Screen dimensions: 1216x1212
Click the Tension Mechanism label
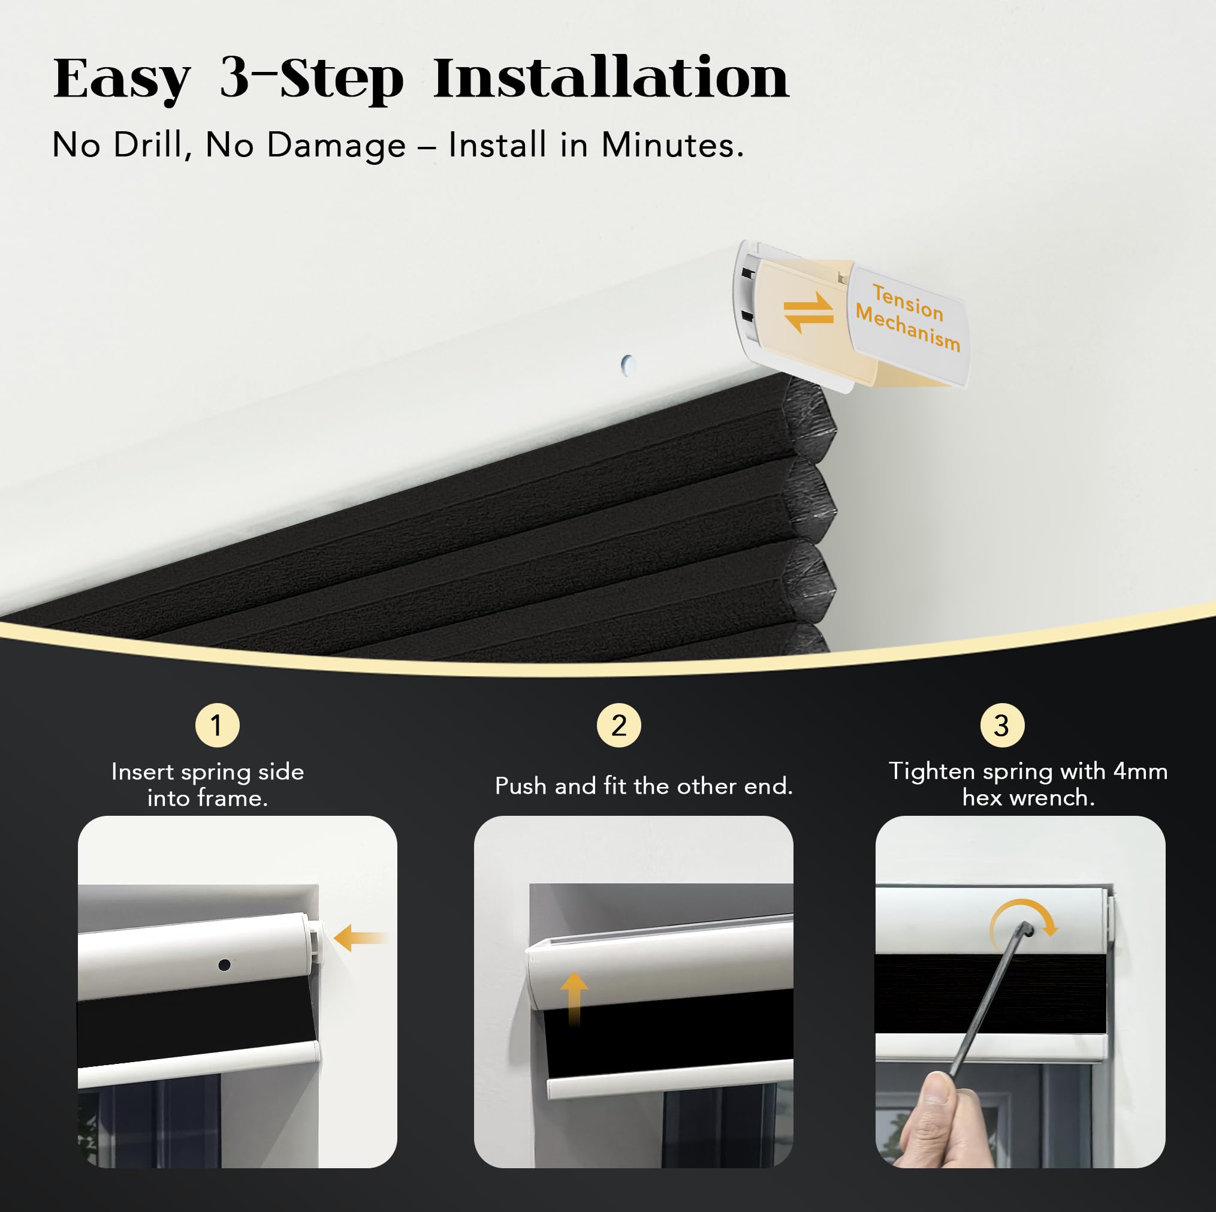tap(908, 317)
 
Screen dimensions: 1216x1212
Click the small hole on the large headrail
tap(628, 365)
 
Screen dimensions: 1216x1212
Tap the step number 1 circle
tap(217, 725)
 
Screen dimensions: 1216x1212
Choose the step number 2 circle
tap(618, 725)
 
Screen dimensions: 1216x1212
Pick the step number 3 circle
tap(1002, 725)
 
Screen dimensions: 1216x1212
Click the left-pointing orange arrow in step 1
tap(360, 939)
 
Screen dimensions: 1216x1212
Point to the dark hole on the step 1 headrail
tap(224, 964)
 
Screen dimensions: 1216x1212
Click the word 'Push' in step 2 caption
tap(522, 786)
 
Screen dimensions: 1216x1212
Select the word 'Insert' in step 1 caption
tap(142, 772)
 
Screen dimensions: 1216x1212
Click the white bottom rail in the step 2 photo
tap(669, 1078)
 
